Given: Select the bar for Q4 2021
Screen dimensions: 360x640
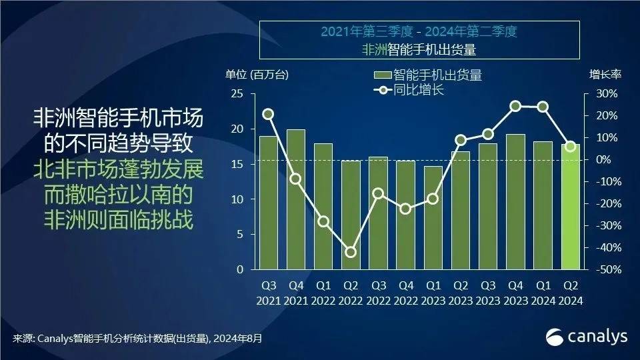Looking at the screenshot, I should tap(295, 199).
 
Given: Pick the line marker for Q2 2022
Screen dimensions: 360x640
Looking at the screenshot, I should tap(351, 252).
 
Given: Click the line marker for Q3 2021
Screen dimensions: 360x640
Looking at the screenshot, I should tap(268, 114).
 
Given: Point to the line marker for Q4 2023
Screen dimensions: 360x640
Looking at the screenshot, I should tap(515, 106).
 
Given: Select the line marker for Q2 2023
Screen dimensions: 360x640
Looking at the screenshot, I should tap(461, 140).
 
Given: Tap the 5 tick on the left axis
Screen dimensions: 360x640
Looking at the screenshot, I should tap(239, 235).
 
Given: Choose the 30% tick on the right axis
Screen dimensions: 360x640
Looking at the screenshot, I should tap(607, 94).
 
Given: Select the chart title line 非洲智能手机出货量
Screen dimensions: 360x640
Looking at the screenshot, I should tap(419, 49).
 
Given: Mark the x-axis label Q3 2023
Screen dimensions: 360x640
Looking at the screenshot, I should tap(488, 292).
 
